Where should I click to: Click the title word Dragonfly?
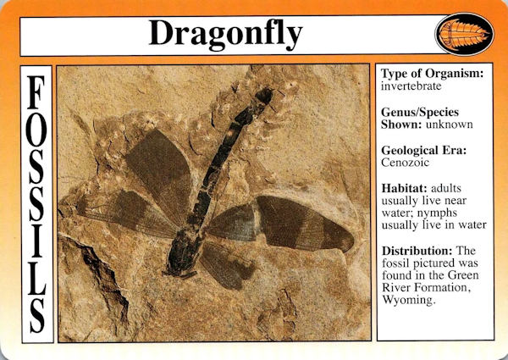click(225, 35)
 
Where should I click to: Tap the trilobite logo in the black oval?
click(464, 34)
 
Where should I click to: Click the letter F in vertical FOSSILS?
click(36, 92)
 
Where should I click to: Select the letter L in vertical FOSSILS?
click(36, 279)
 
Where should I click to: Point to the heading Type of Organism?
click(432, 74)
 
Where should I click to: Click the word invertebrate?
click(411, 86)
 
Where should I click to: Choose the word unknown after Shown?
click(450, 125)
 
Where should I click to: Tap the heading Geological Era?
click(424, 150)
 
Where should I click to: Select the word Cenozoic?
click(405, 163)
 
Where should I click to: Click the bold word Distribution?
click(417, 251)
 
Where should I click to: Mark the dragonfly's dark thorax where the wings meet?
click(185, 250)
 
